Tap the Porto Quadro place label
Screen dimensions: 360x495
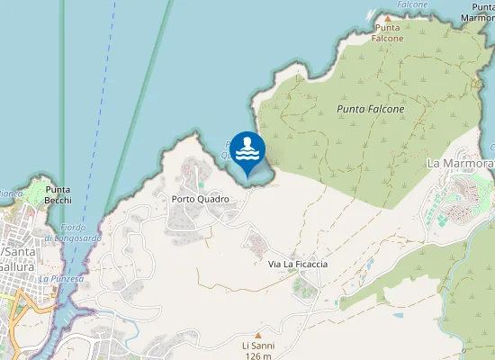point(200,199)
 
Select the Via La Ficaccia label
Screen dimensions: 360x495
point(298,264)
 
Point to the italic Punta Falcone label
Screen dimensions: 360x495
point(370,109)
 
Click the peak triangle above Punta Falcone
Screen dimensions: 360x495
point(388,18)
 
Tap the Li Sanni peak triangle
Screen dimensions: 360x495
point(257,334)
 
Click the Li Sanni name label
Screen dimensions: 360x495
point(257,346)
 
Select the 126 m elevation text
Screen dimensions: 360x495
point(257,356)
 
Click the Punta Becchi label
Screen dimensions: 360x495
point(59,195)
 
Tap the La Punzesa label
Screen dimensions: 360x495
point(61,279)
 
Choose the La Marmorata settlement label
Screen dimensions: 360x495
point(460,164)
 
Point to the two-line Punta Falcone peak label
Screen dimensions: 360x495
point(388,33)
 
